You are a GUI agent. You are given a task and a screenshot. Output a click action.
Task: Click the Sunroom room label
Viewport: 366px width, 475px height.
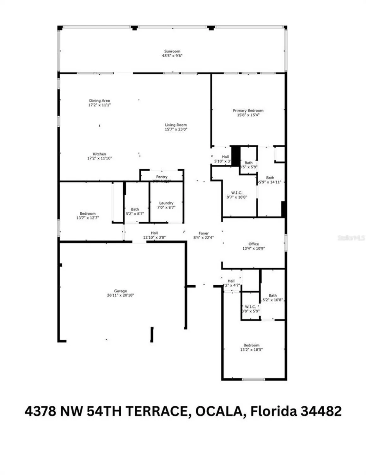172,51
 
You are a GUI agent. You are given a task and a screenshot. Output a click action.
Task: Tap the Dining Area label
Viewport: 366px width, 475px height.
99,101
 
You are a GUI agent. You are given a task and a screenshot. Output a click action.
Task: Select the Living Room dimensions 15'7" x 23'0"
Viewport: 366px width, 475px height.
176,129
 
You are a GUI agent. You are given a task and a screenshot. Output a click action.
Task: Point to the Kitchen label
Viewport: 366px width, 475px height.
99,154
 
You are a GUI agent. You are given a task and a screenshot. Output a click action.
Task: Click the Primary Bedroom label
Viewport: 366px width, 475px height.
248,111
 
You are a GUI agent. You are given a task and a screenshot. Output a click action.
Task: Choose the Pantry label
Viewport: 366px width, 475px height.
162,177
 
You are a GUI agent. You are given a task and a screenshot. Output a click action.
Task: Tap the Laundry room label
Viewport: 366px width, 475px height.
166,203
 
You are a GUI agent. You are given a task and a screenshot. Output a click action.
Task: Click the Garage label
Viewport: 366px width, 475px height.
120,291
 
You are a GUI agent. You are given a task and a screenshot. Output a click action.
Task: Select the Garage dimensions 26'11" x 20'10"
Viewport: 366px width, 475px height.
120,295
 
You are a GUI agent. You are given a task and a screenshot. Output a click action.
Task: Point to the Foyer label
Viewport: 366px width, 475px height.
204,233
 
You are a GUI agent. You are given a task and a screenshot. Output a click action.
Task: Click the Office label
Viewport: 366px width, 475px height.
253,244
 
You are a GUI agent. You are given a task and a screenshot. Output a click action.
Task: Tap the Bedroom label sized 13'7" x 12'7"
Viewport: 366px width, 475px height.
88,213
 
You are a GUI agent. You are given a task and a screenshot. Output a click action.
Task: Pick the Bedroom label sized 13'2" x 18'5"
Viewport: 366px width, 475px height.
251,345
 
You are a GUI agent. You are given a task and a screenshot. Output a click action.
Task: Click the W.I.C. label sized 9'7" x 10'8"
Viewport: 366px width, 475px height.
237,193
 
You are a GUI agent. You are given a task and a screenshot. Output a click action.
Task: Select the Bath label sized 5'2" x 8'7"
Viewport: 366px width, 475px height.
135,209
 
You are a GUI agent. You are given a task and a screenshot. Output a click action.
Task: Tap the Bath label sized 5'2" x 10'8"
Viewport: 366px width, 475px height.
272,295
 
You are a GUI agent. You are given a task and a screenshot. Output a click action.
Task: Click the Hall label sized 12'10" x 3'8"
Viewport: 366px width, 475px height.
154,233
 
